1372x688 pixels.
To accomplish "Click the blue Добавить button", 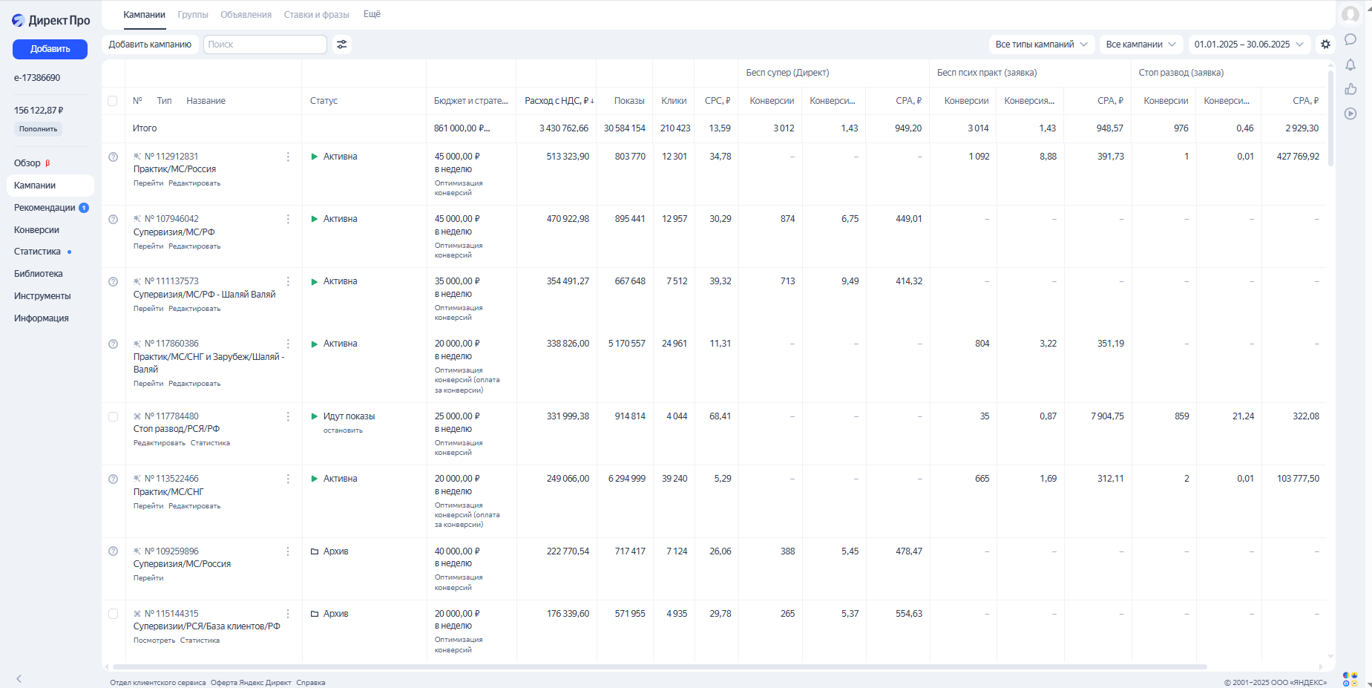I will tap(50, 49).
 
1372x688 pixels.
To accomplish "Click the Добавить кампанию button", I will tap(150, 45).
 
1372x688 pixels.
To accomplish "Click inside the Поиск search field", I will tap(265, 45).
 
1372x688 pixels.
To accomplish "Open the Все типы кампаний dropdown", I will tap(1041, 45).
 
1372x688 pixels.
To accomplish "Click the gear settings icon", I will tap(1325, 45).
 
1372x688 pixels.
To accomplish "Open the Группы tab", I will tap(193, 15).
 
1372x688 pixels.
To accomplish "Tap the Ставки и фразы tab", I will tap(316, 15).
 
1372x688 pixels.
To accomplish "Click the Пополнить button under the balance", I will tap(38, 129).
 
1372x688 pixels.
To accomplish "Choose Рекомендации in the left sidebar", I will tap(45, 208).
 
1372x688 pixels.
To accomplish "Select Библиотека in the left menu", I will tap(39, 274).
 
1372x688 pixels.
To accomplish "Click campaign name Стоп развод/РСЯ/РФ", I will tap(177, 429).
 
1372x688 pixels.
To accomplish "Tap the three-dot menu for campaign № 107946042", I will tap(288, 219).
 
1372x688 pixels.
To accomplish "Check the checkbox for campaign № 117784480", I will tap(113, 416).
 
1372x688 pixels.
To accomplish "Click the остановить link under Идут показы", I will tap(343, 430).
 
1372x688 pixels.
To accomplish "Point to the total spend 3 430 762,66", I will tap(563, 128).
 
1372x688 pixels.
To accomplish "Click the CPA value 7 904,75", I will tap(1107, 416).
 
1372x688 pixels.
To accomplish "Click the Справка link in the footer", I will tap(310, 683).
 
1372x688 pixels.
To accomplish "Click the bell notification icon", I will tap(1350, 65).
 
